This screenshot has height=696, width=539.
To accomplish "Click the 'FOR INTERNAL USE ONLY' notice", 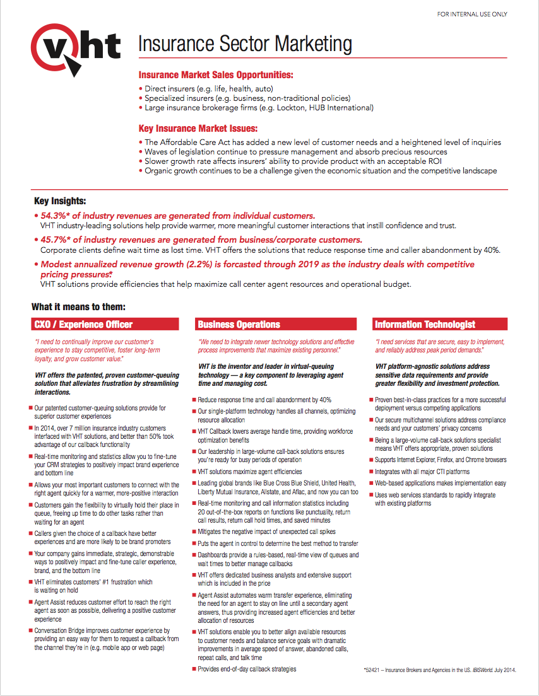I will tap(472, 14).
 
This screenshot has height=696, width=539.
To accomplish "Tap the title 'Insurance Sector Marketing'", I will tap(245, 44).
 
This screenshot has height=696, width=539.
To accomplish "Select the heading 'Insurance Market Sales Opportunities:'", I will tap(216, 75).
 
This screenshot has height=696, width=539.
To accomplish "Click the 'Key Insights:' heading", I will tap(60, 201).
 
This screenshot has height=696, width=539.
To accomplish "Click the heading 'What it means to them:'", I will tap(79, 307).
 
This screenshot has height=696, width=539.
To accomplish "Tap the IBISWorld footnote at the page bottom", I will tap(440, 670).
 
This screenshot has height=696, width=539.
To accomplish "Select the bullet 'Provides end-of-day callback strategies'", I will tap(247, 669).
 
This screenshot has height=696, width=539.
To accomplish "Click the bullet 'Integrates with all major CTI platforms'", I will tap(422, 472).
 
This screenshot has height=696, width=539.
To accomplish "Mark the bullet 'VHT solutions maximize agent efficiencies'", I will tap(249, 472).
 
